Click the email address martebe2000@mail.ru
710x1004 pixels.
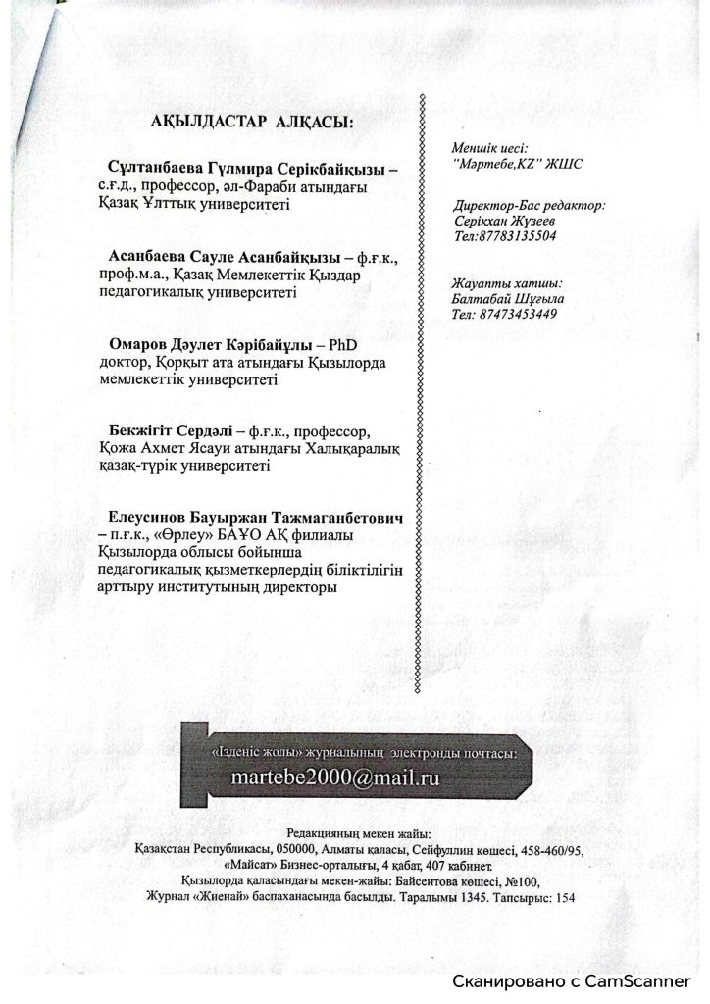point(334,775)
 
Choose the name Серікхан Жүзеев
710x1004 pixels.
point(499,222)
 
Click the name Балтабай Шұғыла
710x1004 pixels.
point(504,299)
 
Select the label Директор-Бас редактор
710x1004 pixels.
point(530,207)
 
